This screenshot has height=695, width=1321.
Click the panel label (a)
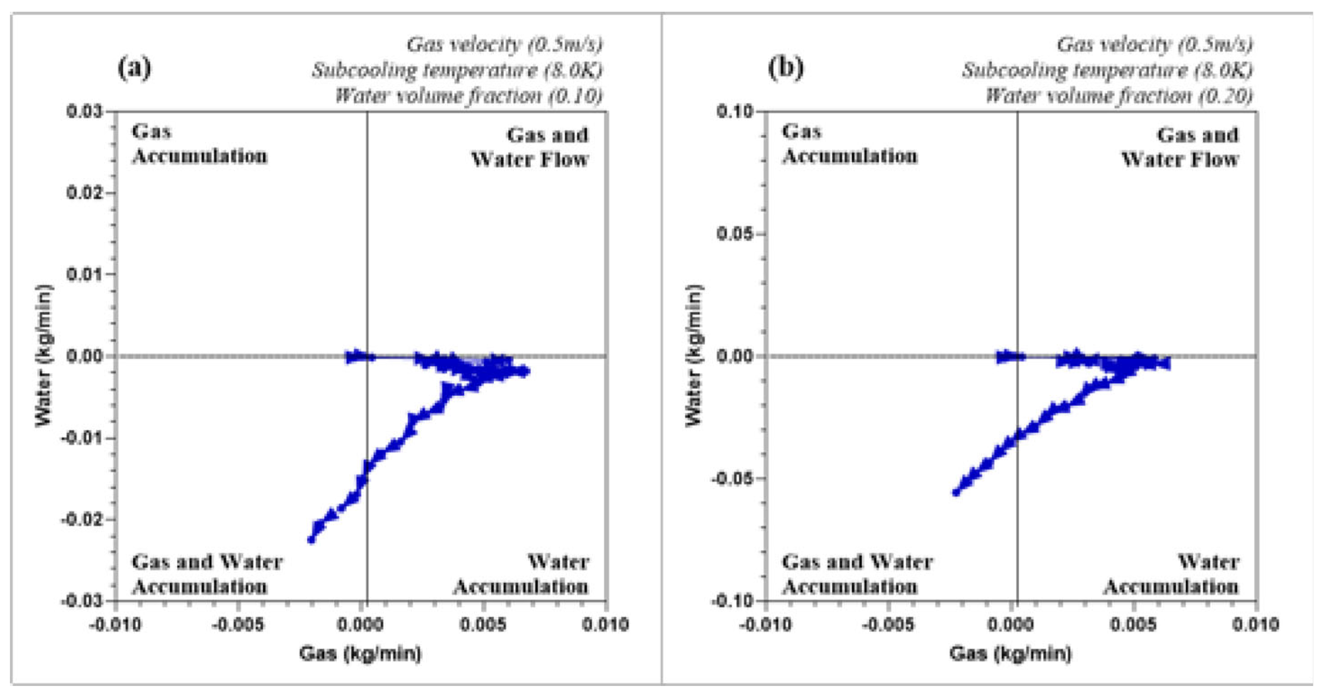(x=134, y=68)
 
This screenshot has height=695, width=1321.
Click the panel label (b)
(x=785, y=68)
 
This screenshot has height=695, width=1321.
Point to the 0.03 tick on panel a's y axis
(x=85, y=112)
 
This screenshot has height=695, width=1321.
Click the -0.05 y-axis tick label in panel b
(x=732, y=478)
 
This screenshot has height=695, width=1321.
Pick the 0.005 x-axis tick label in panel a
(x=483, y=625)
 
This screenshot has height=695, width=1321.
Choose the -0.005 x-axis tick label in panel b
(x=888, y=625)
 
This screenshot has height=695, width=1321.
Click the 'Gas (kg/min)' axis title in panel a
(x=360, y=654)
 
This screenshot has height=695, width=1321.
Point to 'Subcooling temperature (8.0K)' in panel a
(x=457, y=70)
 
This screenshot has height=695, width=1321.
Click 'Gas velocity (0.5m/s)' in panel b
(x=1154, y=45)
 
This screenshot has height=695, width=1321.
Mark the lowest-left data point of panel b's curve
(x=956, y=492)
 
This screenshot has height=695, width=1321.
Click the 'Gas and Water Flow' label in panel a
(x=530, y=147)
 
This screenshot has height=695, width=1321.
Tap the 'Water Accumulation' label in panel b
(x=1171, y=574)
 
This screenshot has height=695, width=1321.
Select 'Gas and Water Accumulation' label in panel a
(x=207, y=574)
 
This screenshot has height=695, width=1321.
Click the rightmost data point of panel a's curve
(x=525, y=371)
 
